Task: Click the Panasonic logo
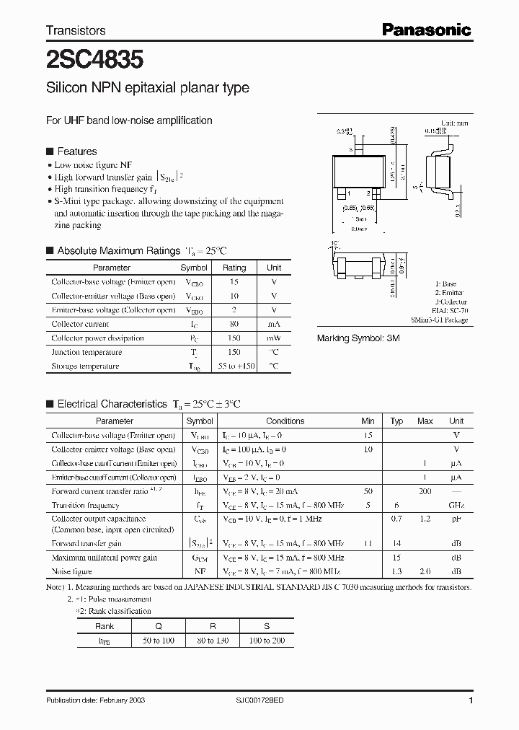point(426,30)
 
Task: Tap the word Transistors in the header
point(76,30)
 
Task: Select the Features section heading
point(76,151)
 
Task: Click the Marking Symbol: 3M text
point(358,338)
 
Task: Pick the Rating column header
point(234,268)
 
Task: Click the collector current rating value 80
point(234,324)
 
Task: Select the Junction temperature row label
point(86,352)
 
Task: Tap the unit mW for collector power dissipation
point(274,338)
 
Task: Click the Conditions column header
point(285,421)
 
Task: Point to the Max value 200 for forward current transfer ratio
point(425,491)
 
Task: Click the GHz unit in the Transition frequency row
point(456,506)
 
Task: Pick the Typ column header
point(396,421)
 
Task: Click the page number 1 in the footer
point(471,701)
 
